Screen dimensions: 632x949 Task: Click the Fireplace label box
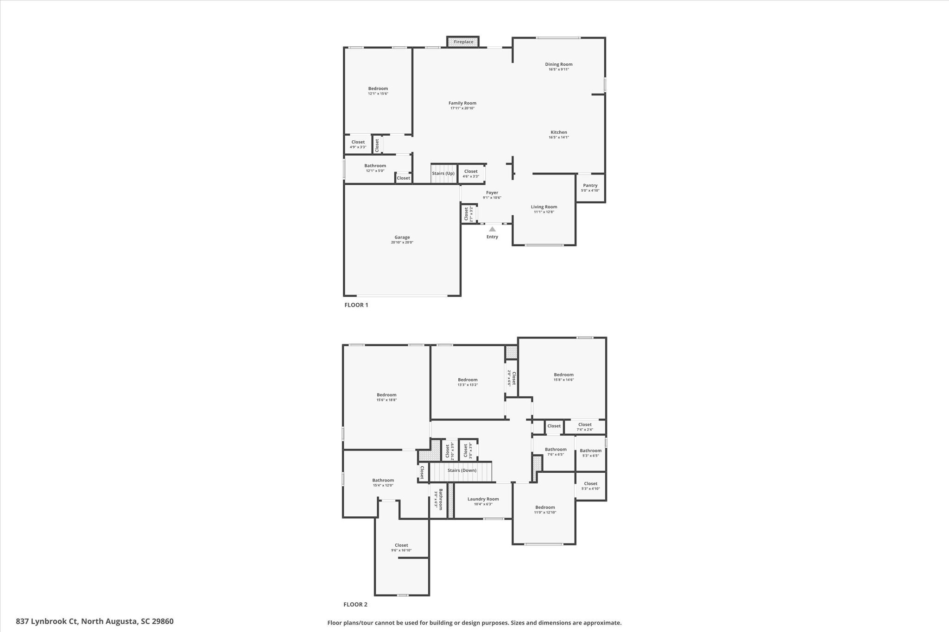[463, 42]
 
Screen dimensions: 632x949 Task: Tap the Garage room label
[402, 238]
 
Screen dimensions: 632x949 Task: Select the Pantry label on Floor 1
[590, 186]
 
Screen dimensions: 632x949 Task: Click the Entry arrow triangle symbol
[492, 229]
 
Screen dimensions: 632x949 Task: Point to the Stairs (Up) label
[443, 174]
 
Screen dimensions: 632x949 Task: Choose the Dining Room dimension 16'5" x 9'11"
[558, 69]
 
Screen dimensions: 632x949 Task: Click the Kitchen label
[558, 132]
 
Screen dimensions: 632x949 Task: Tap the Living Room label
[544, 207]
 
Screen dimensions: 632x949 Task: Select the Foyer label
[492, 193]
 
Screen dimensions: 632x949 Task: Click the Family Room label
[462, 103]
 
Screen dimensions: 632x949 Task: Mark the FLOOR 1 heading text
[356, 305]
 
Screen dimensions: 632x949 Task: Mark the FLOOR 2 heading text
[355, 605]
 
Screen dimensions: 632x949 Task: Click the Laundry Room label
[483, 499]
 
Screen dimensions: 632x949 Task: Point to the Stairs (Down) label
[462, 470]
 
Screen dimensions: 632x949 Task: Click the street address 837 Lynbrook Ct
[95, 621]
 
